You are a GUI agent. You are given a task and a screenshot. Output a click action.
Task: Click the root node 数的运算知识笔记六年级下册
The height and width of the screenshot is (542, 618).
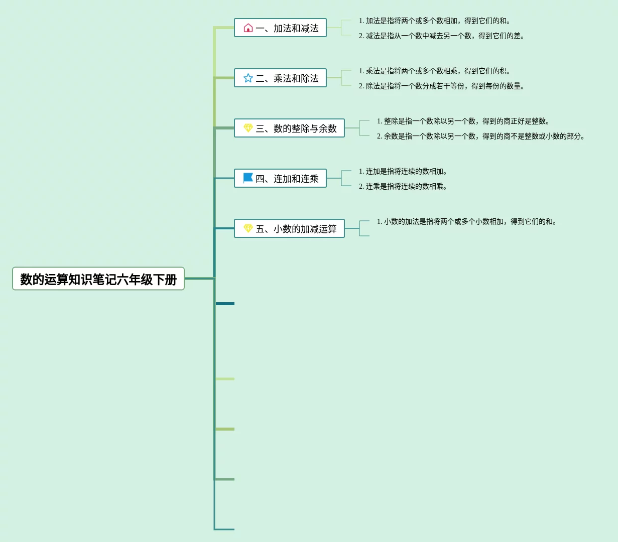(x=98, y=279)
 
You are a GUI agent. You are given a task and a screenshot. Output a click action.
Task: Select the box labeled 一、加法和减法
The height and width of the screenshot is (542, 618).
(x=280, y=28)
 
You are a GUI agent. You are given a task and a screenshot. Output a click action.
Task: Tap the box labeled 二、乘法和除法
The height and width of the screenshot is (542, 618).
(x=280, y=78)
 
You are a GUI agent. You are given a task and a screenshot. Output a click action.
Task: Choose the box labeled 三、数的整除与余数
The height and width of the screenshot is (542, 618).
(x=289, y=128)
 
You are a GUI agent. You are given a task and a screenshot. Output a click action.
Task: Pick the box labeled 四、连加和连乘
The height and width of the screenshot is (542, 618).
(x=280, y=179)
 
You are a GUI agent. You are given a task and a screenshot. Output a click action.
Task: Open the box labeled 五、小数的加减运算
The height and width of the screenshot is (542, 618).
(x=289, y=229)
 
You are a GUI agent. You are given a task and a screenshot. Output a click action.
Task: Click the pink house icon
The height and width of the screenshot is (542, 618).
(x=248, y=28)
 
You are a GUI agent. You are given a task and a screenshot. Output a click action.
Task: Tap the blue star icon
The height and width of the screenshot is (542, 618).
(x=248, y=78)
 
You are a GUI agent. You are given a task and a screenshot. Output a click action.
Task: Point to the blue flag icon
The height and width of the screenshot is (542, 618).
(x=248, y=178)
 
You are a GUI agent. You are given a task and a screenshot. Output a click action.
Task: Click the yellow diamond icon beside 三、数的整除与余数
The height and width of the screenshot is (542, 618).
(x=248, y=128)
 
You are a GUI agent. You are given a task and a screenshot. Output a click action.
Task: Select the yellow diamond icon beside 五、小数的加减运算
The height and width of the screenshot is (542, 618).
(x=248, y=229)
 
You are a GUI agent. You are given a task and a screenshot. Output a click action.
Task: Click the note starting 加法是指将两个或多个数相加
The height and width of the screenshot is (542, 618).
(x=435, y=21)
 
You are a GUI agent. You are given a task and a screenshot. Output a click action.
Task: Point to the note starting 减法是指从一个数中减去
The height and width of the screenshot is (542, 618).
(x=442, y=36)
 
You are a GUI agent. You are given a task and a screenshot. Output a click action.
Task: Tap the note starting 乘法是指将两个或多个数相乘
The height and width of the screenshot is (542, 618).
(x=435, y=71)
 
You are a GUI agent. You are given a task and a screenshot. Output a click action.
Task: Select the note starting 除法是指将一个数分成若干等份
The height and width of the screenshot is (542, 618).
(x=442, y=86)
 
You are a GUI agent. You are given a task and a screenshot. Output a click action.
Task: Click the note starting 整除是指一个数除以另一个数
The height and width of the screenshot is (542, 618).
(x=463, y=121)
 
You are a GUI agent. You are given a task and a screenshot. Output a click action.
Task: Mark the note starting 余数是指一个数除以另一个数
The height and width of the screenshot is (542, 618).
(x=481, y=137)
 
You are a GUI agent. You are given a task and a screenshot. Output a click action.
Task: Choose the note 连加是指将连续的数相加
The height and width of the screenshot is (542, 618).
(x=403, y=172)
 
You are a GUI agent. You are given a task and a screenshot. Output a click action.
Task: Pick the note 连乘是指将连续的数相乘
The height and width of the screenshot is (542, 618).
(x=403, y=187)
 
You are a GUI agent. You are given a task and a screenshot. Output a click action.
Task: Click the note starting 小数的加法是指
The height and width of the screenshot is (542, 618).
(x=467, y=222)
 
